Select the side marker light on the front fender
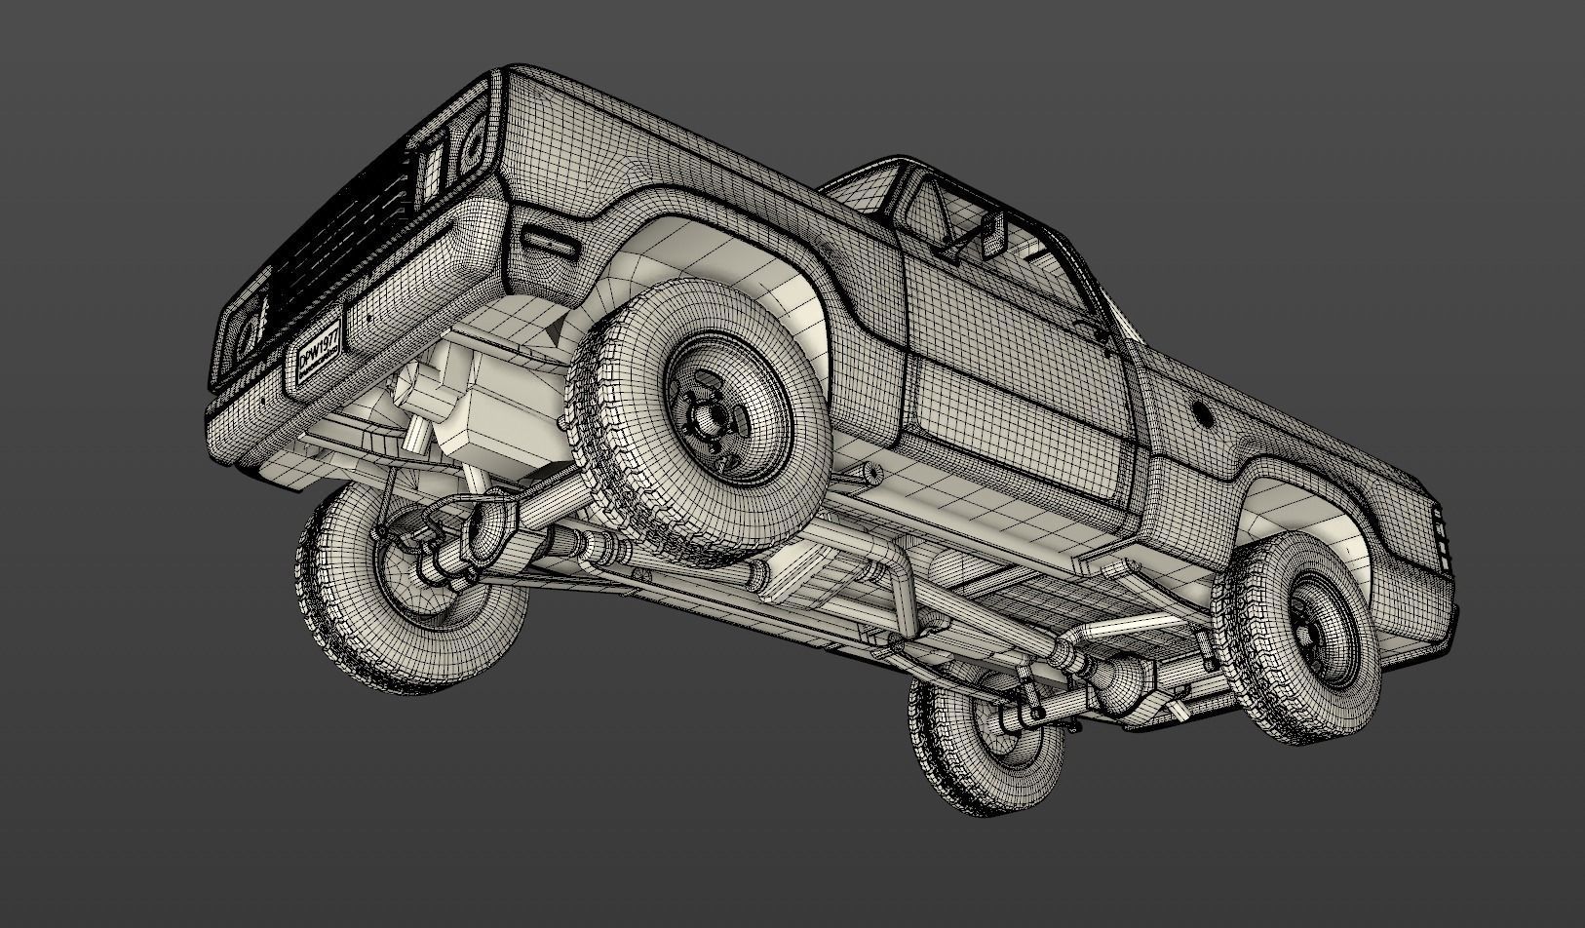point(549,240)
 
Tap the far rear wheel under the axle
point(985,741)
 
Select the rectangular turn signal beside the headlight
point(429,175)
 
